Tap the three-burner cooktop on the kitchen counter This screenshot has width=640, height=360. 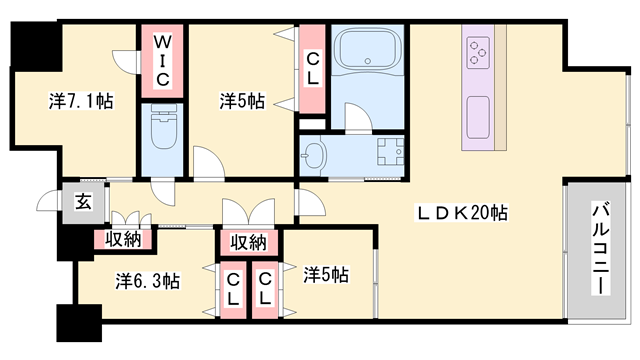478,50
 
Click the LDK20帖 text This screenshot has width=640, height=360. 462,213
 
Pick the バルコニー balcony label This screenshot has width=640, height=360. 601,246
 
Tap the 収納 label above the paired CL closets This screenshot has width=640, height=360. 249,242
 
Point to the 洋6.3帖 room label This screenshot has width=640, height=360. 147,281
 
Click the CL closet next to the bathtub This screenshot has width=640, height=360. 312,67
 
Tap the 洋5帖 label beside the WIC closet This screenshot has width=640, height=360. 242,101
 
